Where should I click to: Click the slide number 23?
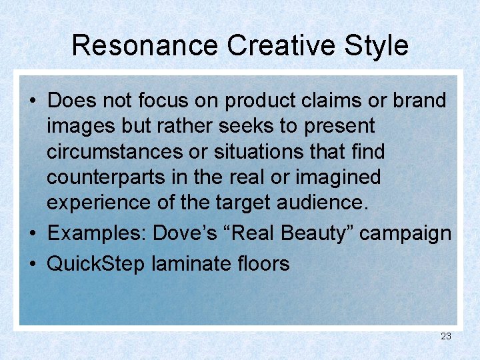tap(446, 336)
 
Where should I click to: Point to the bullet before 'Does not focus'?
tap(32, 102)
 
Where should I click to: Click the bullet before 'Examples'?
tap(32, 235)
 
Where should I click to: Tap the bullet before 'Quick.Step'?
tap(32, 265)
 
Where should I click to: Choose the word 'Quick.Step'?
tap(96, 264)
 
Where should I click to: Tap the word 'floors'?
tap(266, 264)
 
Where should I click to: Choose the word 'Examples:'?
tap(97, 234)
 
